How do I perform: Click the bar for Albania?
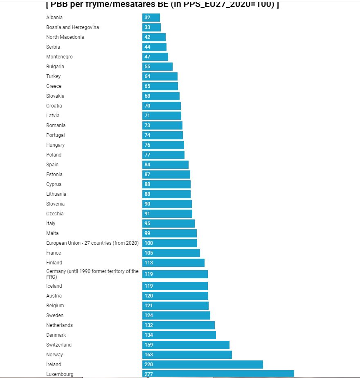pyautogui.click(x=151, y=18)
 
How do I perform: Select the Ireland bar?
pyautogui.click(x=202, y=365)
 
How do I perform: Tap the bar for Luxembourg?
pyautogui.click(x=218, y=374)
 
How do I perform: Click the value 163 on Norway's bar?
pyautogui.click(x=148, y=355)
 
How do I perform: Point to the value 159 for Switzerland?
pyautogui.click(x=148, y=345)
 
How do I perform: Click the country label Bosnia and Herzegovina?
pyautogui.click(x=72, y=27)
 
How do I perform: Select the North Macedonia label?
pyautogui.click(x=65, y=37)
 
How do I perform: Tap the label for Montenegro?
pyautogui.click(x=59, y=57)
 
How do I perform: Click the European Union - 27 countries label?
pyautogui.click(x=92, y=243)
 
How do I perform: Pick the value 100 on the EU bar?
pyautogui.click(x=148, y=243)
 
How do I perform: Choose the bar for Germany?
pyautogui.click(x=175, y=274)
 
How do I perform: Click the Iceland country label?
pyautogui.click(x=54, y=286)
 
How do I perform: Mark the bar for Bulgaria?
pyautogui.click(x=157, y=67)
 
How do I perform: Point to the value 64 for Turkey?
pyautogui.click(x=147, y=76)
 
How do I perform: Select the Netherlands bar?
pyautogui.click(x=178, y=325)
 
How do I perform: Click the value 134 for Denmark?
pyautogui.click(x=148, y=335)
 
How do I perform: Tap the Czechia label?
pyautogui.click(x=55, y=214)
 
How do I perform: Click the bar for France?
pyautogui.click(x=171, y=253)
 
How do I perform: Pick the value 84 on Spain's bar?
pyautogui.click(x=147, y=165)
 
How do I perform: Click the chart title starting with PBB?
pyautogui.click(x=162, y=5)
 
